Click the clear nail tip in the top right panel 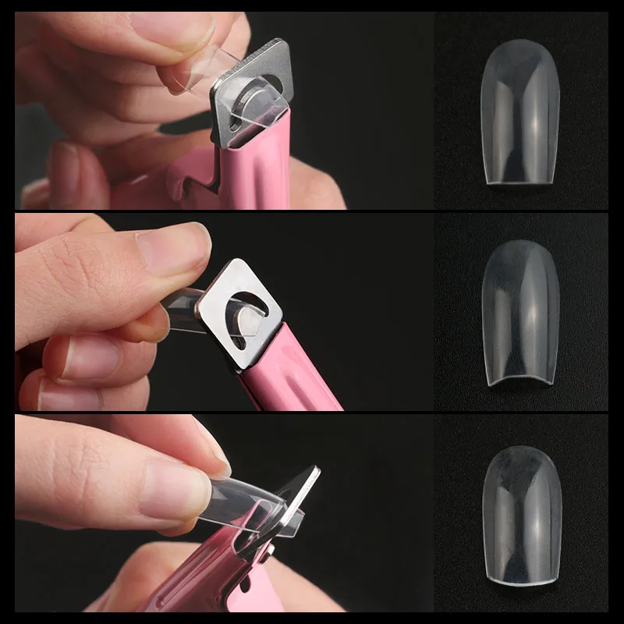coord(520,117)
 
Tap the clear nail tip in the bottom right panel coord(521,515)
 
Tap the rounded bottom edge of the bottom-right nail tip coord(521,577)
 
